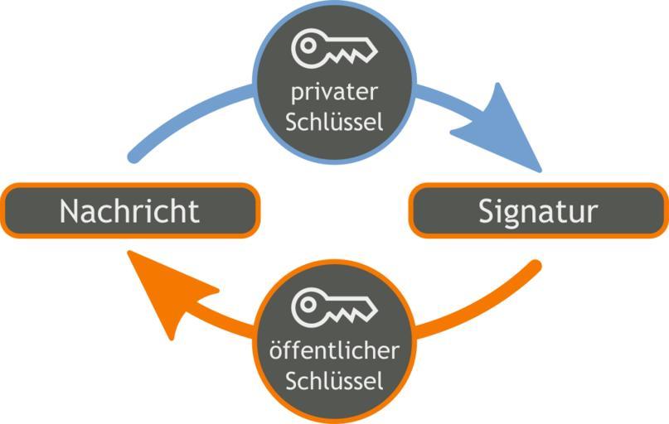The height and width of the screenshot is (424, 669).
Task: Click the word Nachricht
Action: [x=129, y=211]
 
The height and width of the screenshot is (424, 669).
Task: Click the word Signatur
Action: [x=537, y=211]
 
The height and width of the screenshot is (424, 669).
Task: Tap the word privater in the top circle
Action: [x=334, y=89]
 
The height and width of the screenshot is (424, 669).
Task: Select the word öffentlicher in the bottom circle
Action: [x=334, y=350]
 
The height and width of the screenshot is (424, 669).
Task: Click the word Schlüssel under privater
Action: [x=334, y=122]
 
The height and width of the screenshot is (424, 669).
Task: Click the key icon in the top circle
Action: [x=333, y=48]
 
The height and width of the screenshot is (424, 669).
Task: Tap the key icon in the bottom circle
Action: [x=333, y=308]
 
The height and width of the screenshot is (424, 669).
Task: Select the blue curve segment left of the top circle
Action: [x=187, y=116]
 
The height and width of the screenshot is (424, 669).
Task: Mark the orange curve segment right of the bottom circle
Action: [x=481, y=306]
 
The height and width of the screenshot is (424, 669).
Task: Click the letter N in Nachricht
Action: [x=70, y=211]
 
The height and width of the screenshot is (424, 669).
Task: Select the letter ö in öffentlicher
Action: [x=277, y=350]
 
